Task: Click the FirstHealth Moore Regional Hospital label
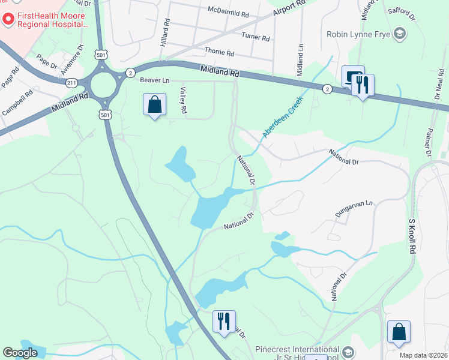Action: (52, 20)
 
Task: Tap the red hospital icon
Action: (8, 20)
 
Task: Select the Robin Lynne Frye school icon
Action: (399, 34)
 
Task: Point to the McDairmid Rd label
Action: (228, 13)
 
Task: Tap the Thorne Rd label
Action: (219, 52)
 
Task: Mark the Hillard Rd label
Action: (166, 29)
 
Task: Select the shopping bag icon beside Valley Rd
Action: (155, 105)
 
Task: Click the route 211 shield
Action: (71, 82)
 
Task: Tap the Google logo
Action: (20, 353)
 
